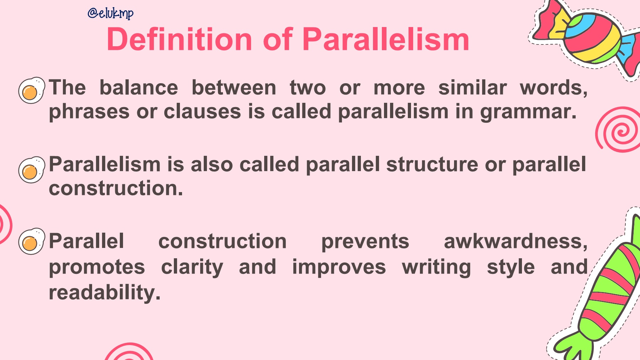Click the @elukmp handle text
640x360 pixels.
[x=111, y=13]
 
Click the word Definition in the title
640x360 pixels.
[x=180, y=39]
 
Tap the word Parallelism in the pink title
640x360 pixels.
[x=386, y=39]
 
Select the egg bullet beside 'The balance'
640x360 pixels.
[x=32, y=90]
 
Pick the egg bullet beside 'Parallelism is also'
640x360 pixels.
[x=32, y=170]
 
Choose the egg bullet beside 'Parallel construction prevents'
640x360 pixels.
[x=32, y=241]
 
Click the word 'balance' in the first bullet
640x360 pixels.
[x=139, y=88]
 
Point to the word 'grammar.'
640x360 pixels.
[x=528, y=112]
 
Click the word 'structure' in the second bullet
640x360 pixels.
[x=432, y=165]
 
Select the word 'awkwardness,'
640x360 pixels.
[x=516, y=242]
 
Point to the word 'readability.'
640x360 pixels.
[x=105, y=293]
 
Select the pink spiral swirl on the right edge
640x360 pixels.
[x=619, y=129]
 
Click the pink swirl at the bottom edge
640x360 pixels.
[x=129, y=352]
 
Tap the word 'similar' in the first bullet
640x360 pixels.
[x=473, y=88]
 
